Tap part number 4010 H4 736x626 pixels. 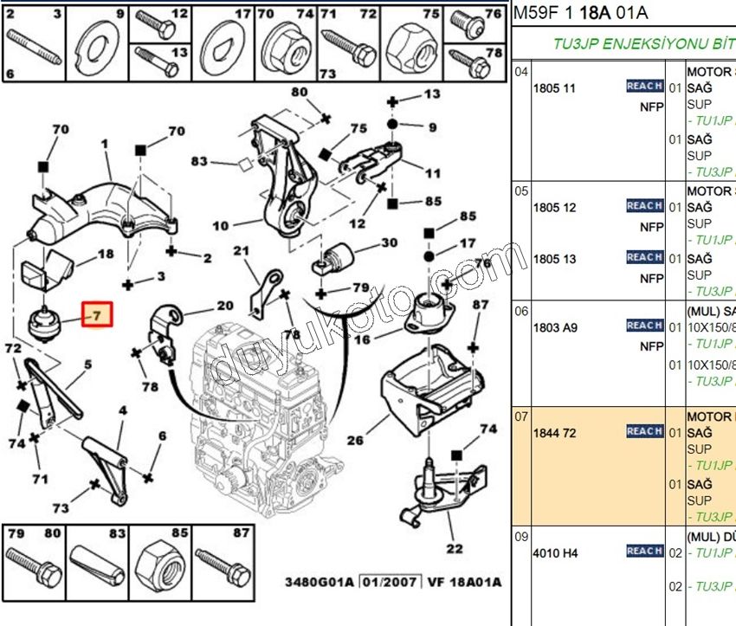tap(557, 552)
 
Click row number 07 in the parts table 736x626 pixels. tap(521, 416)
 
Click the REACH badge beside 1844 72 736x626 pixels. tap(644, 431)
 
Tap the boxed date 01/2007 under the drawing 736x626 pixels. tap(386, 582)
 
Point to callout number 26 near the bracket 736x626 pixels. tap(355, 441)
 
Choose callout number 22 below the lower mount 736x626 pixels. tap(454, 548)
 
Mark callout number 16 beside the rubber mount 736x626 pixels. tap(362, 340)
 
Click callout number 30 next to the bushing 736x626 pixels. tap(389, 243)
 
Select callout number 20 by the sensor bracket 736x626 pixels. tap(225, 306)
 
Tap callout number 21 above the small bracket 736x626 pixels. tap(241, 251)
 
